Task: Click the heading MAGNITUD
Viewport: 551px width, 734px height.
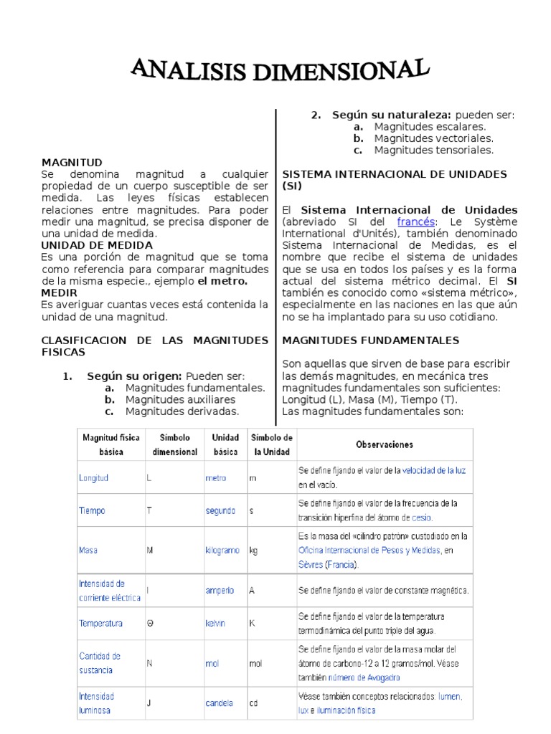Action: pos(72,163)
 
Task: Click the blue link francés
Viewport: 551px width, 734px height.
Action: pos(416,222)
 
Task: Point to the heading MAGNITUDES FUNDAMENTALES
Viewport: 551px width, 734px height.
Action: pos(371,340)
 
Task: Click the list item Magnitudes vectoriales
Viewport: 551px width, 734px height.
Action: pos(433,138)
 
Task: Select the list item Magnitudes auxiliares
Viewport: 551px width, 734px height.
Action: pos(180,399)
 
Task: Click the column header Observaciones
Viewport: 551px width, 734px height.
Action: pos(385,444)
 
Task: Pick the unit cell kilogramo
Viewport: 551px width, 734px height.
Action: pos(223,550)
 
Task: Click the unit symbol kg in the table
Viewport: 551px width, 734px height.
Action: pos(253,550)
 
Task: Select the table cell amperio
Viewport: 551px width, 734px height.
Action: pos(220,591)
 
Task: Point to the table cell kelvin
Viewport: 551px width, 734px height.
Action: pos(215,623)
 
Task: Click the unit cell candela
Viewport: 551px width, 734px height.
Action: pos(219,703)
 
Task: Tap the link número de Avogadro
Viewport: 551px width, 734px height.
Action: pos(364,677)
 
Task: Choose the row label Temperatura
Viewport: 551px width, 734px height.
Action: pos(100,623)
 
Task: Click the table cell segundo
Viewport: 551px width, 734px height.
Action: pos(220,511)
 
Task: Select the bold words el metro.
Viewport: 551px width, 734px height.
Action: pos(223,281)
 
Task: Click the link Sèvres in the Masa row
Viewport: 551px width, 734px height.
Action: pos(310,564)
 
